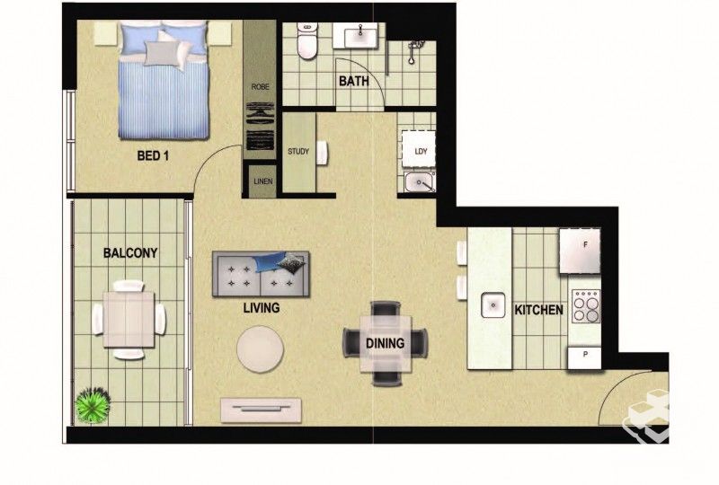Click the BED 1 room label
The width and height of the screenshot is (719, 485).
click(x=153, y=156)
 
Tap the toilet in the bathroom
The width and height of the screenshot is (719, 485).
click(x=306, y=41)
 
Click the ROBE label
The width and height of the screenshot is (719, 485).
click(x=260, y=86)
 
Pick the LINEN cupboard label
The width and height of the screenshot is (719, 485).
click(x=262, y=181)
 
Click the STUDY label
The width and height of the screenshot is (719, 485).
click(x=298, y=151)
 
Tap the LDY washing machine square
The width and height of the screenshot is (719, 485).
click(x=419, y=149)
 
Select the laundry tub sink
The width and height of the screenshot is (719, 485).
click(x=420, y=183)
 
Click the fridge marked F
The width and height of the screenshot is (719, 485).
click(x=580, y=251)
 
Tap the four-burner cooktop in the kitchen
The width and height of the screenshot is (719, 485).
click(x=586, y=305)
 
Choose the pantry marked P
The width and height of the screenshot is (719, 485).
click(x=584, y=357)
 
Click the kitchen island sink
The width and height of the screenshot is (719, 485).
click(x=493, y=305)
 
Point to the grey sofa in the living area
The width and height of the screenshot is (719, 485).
click(x=261, y=274)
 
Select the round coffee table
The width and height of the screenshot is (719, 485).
click(x=260, y=348)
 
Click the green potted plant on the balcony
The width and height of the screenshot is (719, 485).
click(x=93, y=405)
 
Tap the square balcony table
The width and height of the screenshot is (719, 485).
click(x=129, y=319)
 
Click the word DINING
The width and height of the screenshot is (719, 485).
click(x=386, y=343)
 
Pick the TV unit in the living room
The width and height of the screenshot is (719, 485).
click(x=261, y=410)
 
